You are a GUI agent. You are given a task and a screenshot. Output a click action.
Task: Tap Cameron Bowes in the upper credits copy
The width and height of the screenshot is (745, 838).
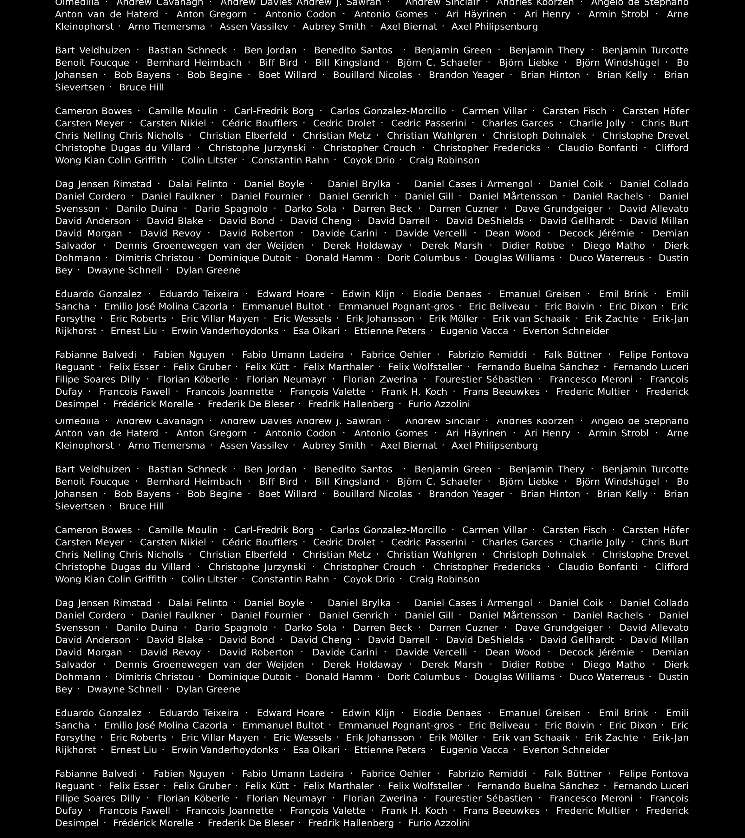coord(93,111)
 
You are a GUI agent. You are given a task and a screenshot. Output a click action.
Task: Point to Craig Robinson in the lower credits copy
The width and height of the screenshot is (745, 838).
coord(444,579)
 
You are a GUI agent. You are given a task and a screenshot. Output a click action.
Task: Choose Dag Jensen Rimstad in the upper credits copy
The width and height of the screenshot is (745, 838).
coord(103,184)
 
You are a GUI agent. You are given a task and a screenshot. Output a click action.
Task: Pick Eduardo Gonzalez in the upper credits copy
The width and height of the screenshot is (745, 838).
coord(98,294)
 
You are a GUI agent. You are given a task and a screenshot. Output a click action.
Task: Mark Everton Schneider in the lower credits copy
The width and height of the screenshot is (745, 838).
coord(566,750)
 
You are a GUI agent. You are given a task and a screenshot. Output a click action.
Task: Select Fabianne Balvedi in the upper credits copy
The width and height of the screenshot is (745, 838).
coord(96,355)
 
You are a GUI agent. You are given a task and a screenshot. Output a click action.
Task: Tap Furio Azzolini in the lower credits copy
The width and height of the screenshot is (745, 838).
coord(439,823)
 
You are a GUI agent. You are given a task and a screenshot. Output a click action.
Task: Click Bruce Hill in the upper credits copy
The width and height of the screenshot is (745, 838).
coord(141,87)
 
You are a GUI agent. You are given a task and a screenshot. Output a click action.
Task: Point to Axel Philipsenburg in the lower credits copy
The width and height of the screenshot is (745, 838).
coord(494,446)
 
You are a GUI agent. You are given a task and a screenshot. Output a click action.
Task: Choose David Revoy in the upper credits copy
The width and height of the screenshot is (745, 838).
coord(171,233)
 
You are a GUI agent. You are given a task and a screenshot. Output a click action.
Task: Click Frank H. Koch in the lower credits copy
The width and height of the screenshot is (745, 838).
coord(414,810)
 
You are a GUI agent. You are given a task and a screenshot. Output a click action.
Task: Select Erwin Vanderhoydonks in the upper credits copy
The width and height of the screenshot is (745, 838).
coord(225,331)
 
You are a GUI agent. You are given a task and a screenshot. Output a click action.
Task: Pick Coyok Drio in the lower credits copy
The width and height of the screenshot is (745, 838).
coord(369,579)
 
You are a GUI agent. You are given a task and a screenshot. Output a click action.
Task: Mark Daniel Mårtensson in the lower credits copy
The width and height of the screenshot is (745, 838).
coord(513,615)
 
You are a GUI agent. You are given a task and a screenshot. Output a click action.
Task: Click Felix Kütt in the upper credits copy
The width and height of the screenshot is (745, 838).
coord(267,367)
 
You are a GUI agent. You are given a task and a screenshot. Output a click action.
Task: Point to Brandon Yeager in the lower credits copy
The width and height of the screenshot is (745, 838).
coord(466,494)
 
